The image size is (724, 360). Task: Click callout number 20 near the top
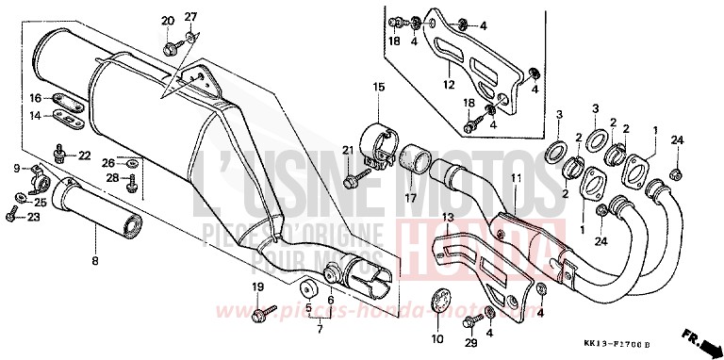click(168, 22)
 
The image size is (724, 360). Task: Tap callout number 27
click(191, 18)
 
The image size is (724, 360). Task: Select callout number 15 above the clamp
click(378, 88)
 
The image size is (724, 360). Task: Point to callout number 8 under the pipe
click(93, 260)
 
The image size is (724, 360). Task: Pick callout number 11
click(517, 178)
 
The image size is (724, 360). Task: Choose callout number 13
click(448, 219)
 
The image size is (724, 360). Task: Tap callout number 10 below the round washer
click(436, 338)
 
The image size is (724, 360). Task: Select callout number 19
click(257, 286)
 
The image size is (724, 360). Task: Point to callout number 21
click(347, 151)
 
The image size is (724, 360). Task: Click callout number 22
click(84, 155)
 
